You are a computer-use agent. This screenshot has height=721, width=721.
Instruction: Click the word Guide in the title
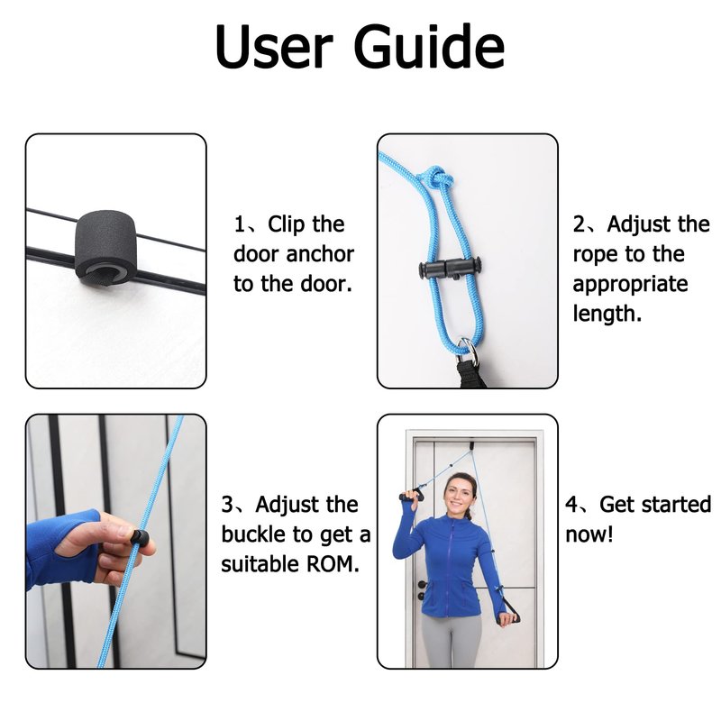pos(429,47)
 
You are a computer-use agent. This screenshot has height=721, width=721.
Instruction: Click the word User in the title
pos(274,47)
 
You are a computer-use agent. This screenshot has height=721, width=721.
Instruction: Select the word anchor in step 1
pos(320,254)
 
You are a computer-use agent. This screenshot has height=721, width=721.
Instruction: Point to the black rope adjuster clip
pos(450,269)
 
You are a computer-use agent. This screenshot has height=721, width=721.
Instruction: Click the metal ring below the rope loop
pos(466,349)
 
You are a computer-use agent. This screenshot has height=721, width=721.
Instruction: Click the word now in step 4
pos(586,534)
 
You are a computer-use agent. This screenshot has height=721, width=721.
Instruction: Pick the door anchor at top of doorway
pos(472,445)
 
